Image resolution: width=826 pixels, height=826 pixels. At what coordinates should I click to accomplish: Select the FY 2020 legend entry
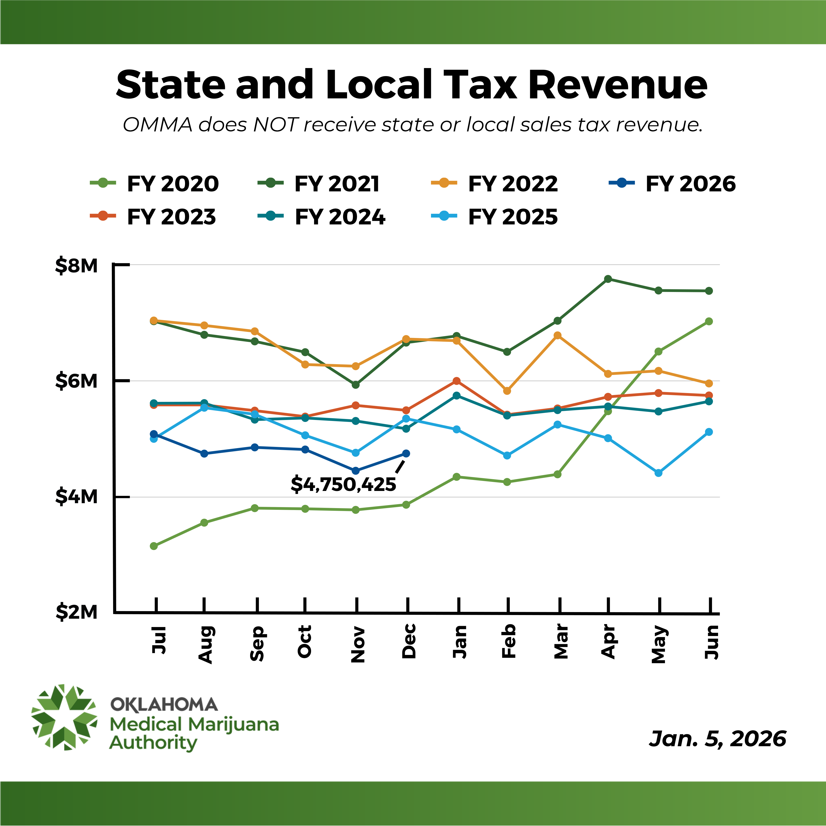pos(155,184)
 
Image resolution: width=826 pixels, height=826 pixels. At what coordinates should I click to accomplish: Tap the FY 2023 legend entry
pos(153,217)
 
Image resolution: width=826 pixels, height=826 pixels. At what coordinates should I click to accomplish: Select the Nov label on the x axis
pos(357,645)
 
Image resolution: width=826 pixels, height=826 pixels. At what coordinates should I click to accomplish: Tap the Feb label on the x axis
pos(508,641)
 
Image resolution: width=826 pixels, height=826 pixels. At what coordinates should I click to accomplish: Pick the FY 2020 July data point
pos(154,546)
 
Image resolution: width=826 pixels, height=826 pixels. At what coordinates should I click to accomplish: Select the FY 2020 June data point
pos(709,322)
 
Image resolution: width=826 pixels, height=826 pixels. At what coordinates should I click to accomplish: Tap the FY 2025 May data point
pos(658,473)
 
